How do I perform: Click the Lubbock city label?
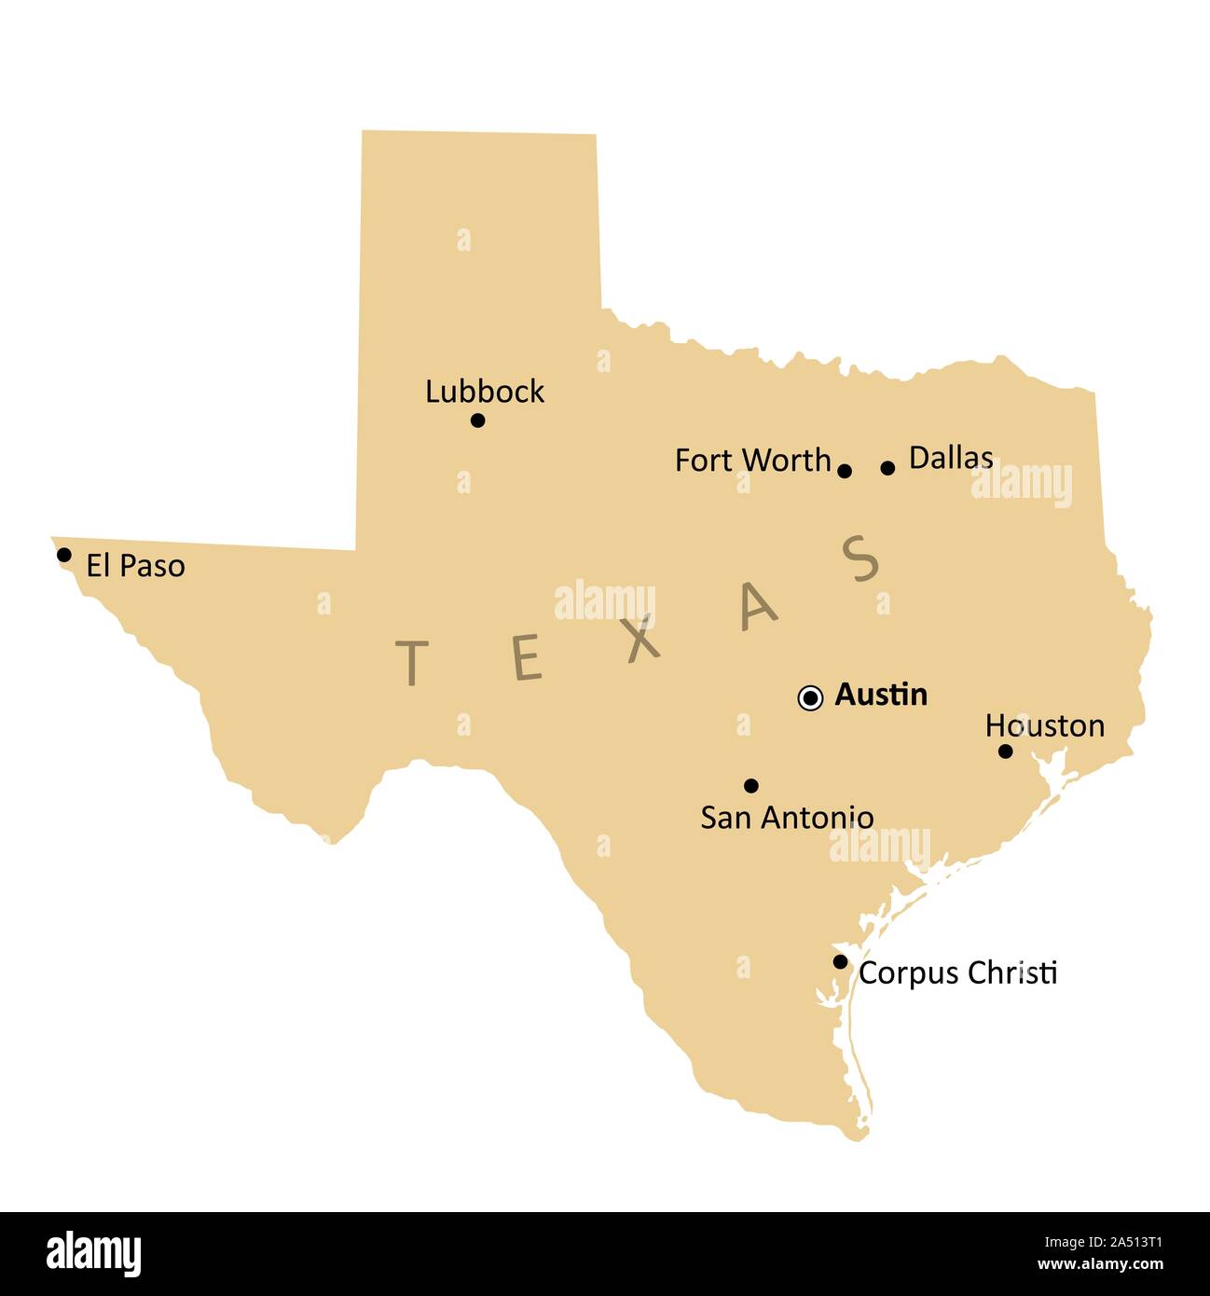pyautogui.click(x=484, y=392)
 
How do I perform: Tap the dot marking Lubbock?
pyautogui.click(x=477, y=421)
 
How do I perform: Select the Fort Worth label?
pyautogui.click(x=752, y=461)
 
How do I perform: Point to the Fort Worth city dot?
pyautogui.click(x=845, y=471)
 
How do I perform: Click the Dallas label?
pyautogui.click(x=950, y=458)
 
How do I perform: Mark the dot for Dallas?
pyautogui.click(x=887, y=468)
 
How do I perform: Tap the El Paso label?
pyautogui.click(x=135, y=566)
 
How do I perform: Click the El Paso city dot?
pyautogui.click(x=63, y=555)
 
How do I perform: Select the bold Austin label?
pyautogui.click(x=881, y=695)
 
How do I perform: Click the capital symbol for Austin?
pyautogui.click(x=811, y=697)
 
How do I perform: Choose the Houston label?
pyautogui.click(x=1044, y=725)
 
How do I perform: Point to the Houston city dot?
pyautogui.click(x=1005, y=751)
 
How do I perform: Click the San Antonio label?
pyautogui.click(x=787, y=818)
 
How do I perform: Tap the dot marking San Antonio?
pyautogui.click(x=751, y=785)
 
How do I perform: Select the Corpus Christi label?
pyautogui.click(x=957, y=972)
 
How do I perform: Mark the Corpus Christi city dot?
pyautogui.click(x=840, y=961)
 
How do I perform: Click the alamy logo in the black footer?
pyautogui.click(x=94, y=1254)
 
